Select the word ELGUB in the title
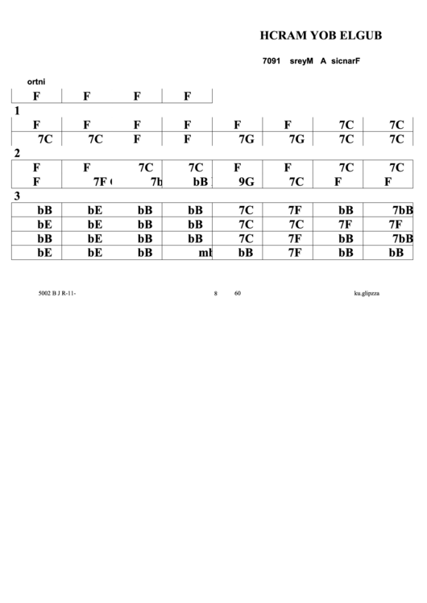tap(360, 35)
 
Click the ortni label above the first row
tap(35, 81)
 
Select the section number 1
tap(17, 110)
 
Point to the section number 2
tap(17, 153)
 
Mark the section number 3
tap(17, 196)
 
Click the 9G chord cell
tap(246, 182)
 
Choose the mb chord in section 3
tap(205, 254)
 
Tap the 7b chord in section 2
tap(156, 182)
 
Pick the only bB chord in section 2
tap(201, 182)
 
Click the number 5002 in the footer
tap(44, 294)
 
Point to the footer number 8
tap(215, 294)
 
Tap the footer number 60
tap(238, 294)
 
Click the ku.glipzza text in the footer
tap(367, 294)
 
